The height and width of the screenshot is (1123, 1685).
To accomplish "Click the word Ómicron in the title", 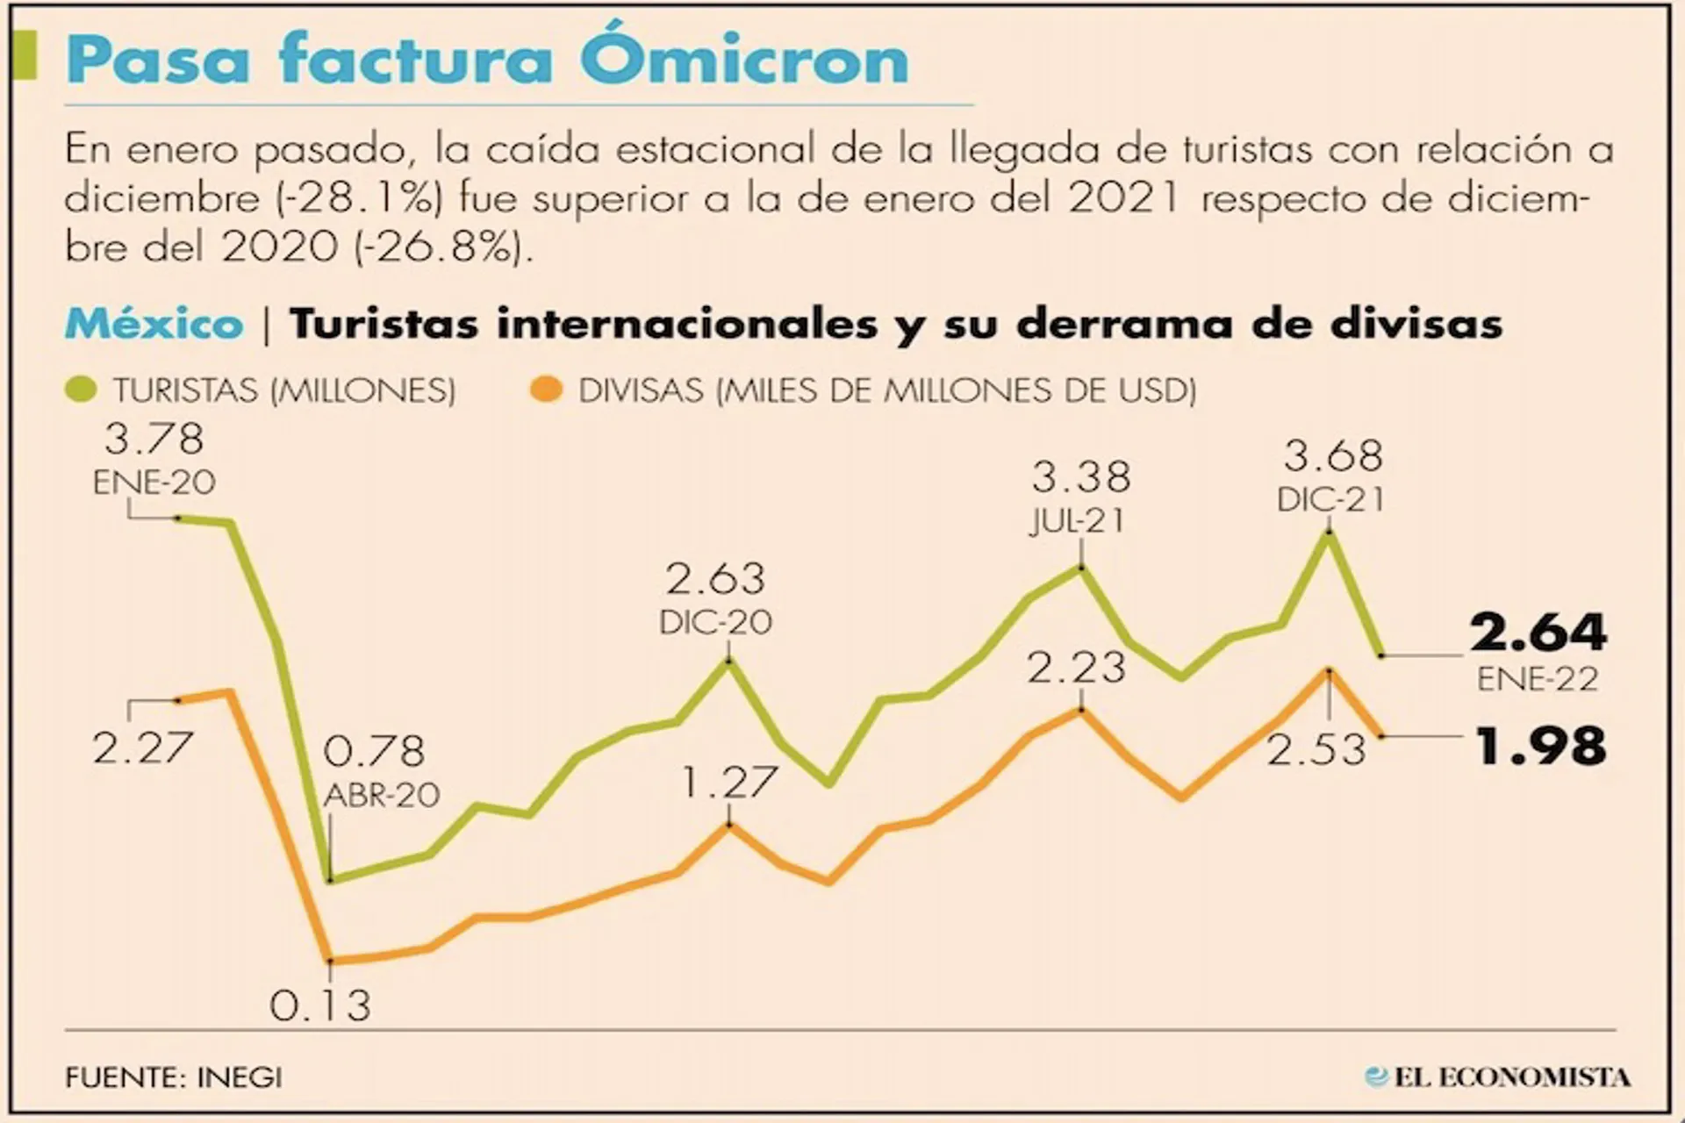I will [744, 60].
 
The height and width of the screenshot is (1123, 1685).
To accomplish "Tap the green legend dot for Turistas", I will [82, 390].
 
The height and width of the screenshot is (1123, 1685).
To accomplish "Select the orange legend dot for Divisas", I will [546, 390].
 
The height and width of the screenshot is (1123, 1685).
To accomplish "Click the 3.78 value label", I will [154, 439].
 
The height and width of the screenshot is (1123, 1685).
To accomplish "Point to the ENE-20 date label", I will [154, 483].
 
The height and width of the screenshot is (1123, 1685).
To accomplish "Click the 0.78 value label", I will [374, 751].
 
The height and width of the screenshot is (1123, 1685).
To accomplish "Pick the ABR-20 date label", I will [382, 795].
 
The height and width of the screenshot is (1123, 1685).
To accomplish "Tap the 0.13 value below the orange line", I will [320, 1005].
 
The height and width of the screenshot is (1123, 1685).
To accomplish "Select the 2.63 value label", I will [715, 579].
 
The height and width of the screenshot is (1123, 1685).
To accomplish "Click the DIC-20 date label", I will [716, 622].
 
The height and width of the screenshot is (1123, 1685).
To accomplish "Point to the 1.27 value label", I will [729, 782].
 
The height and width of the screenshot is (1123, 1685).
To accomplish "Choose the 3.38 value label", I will [1081, 478].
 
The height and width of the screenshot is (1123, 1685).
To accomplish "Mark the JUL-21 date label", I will [1078, 521].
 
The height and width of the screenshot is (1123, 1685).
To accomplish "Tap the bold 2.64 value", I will [1538, 633].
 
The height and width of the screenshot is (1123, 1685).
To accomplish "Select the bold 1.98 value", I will [1540, 747].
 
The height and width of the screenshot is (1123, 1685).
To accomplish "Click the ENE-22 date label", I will [1538, 679].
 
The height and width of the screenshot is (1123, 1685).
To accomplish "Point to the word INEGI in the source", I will [240, 1077].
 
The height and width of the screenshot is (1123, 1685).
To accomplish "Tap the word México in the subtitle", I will [154, 325].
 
